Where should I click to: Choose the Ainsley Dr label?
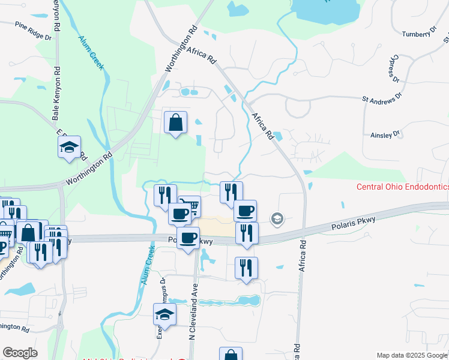[385, 136]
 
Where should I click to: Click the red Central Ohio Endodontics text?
[402, 187]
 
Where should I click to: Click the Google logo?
[20, 353]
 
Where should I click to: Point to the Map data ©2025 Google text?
[411, 355]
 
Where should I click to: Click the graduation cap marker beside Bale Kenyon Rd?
[69, 147]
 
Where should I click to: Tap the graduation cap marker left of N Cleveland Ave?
[164, 314]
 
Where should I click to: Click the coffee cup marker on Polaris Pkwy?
[188, 238]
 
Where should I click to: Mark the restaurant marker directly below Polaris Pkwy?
[246, 268]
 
